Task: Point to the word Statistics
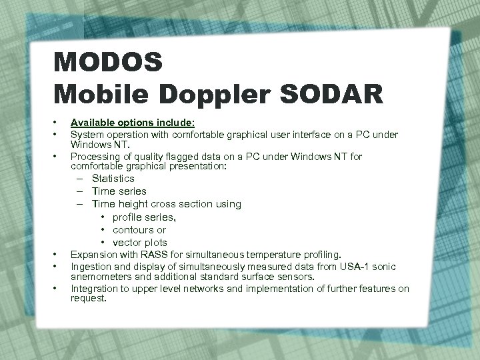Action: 113,178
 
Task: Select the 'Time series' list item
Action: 119,191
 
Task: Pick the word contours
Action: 133,229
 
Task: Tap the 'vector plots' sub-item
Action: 140,242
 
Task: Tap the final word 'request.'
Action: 89,298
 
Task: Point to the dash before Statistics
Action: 79,179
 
